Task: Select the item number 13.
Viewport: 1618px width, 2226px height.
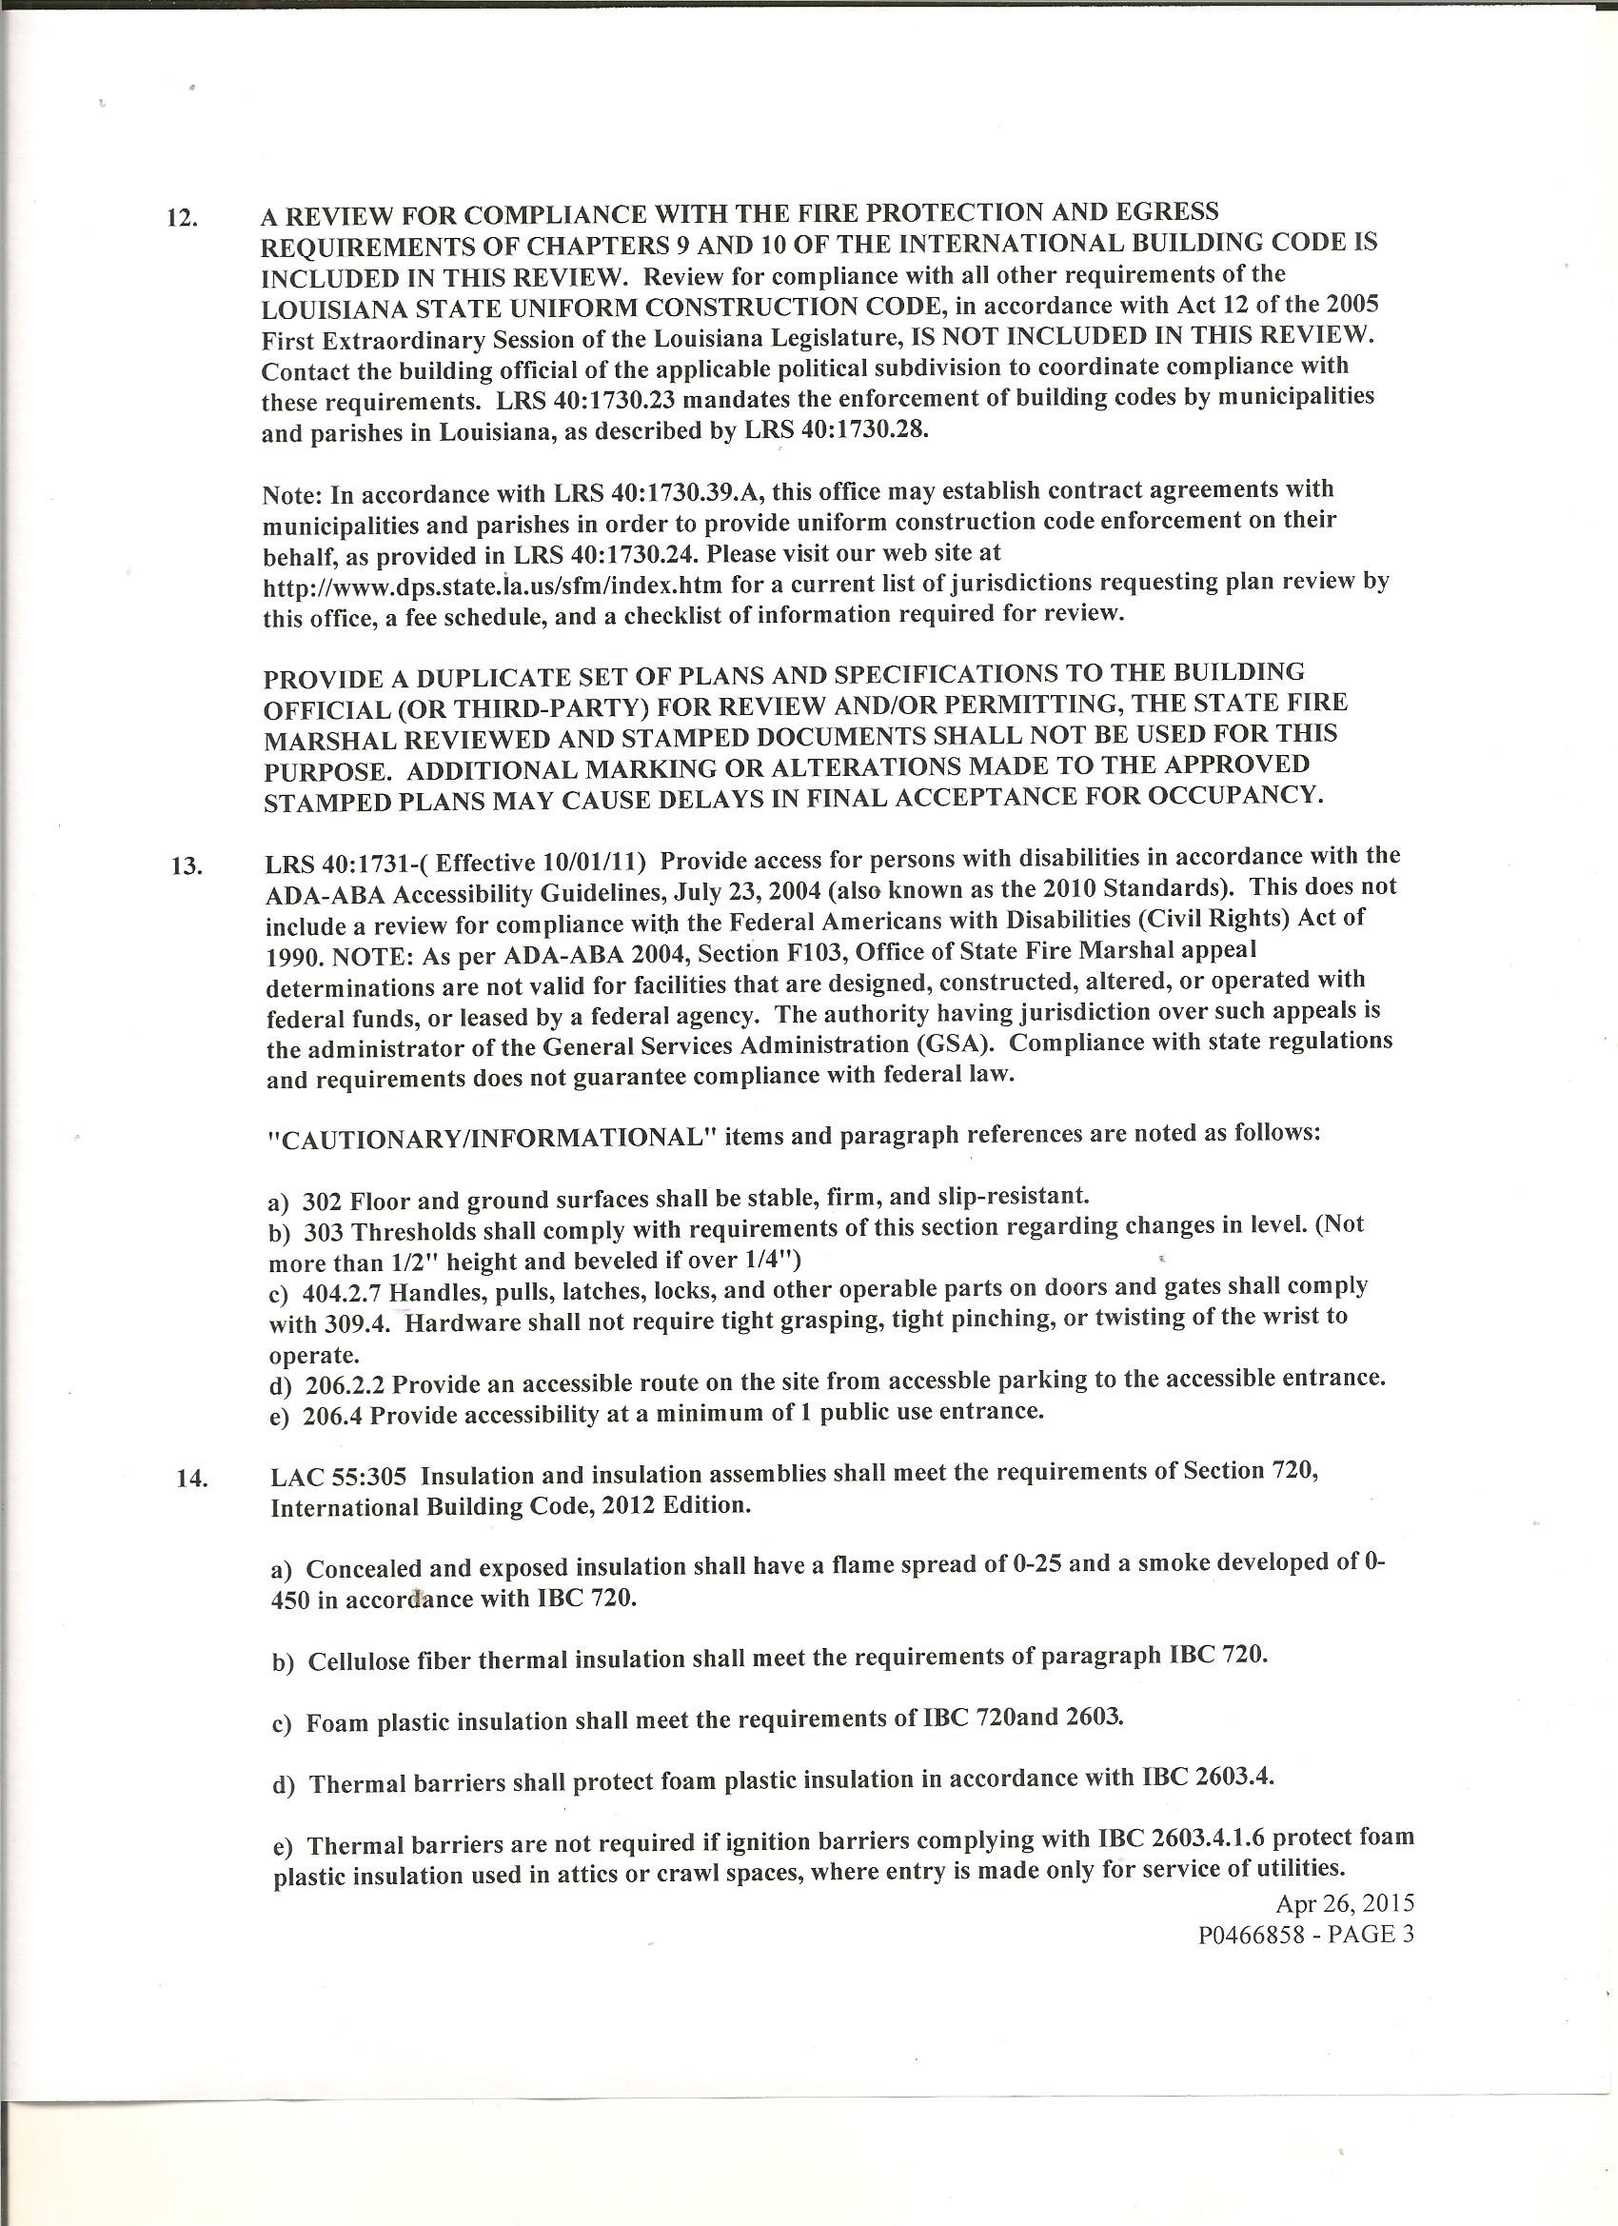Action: click(186, 865)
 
